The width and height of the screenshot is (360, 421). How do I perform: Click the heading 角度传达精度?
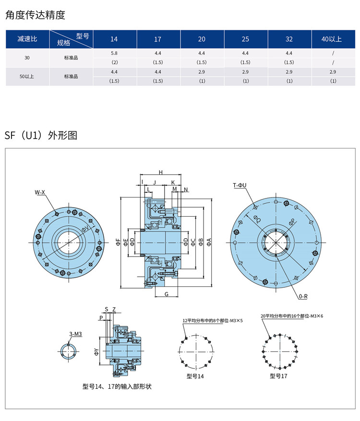click(35, 15)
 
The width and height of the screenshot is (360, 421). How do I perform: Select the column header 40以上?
click(333, 39)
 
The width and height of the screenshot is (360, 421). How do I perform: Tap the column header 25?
click(245, 39)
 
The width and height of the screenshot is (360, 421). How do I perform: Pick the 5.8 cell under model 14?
click(114, 53)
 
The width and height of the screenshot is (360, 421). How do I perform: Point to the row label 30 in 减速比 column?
click(27, 58)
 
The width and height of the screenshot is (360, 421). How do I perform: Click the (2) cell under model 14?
click(114, 62)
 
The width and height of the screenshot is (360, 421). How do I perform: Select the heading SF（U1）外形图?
click(41, 135)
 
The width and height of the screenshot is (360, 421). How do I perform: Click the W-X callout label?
click(39, 192)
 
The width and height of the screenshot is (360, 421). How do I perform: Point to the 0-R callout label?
click(302, 297)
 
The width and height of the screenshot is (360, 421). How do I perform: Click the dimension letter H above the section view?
click(161, 173)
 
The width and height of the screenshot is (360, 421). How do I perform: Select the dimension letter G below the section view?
click(167, 293)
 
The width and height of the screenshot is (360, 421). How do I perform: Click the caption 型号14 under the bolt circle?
click(195, 376)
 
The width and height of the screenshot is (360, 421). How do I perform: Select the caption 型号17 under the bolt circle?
click(278, 376)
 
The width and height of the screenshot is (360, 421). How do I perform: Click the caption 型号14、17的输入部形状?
click(120, 386)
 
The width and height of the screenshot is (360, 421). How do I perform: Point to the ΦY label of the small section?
click(96, 352)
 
